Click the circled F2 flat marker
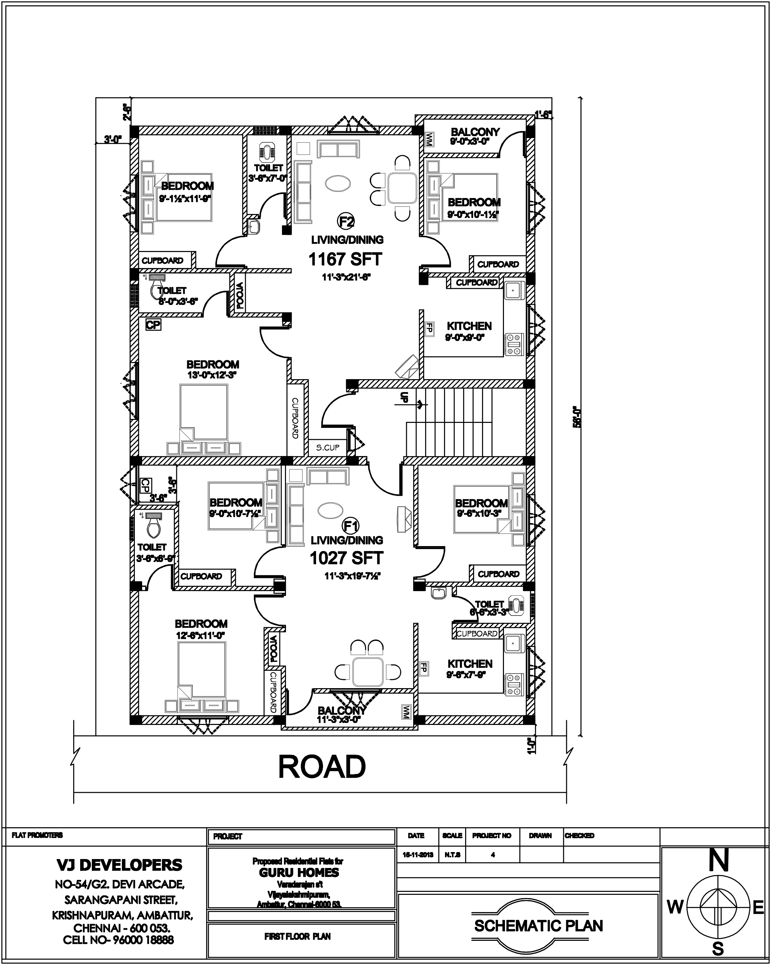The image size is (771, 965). pyautogui.click(x=346, y=221)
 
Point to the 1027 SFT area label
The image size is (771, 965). pyautogui.click(x=347, y=558)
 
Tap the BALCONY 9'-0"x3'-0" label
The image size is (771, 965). pyautogui.click(x=475, y=136)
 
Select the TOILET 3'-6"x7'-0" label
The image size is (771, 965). pyautogui.click(x=268, y=172)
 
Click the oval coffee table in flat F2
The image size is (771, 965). pyautogui.click(x=338, y=183)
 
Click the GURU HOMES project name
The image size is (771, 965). pyautogui.click(x=299, y=872)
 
